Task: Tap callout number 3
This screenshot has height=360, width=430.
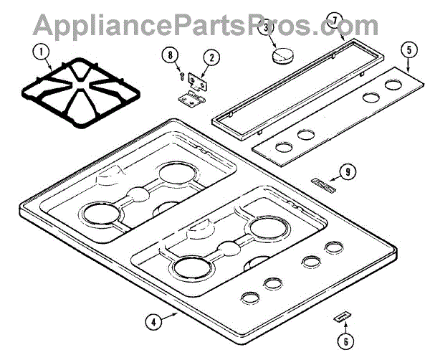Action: (x=267, y=28)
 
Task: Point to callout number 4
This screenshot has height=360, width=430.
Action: (x=151, y=322)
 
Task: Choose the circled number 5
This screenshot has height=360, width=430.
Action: (x=407, y=51)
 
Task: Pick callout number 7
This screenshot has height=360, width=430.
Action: (x=335, y=20)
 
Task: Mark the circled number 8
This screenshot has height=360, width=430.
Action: (x=169, y=55)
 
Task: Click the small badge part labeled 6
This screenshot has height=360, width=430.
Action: (x=341, y=318)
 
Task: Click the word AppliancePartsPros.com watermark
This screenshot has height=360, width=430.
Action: (x=207, y=25)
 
